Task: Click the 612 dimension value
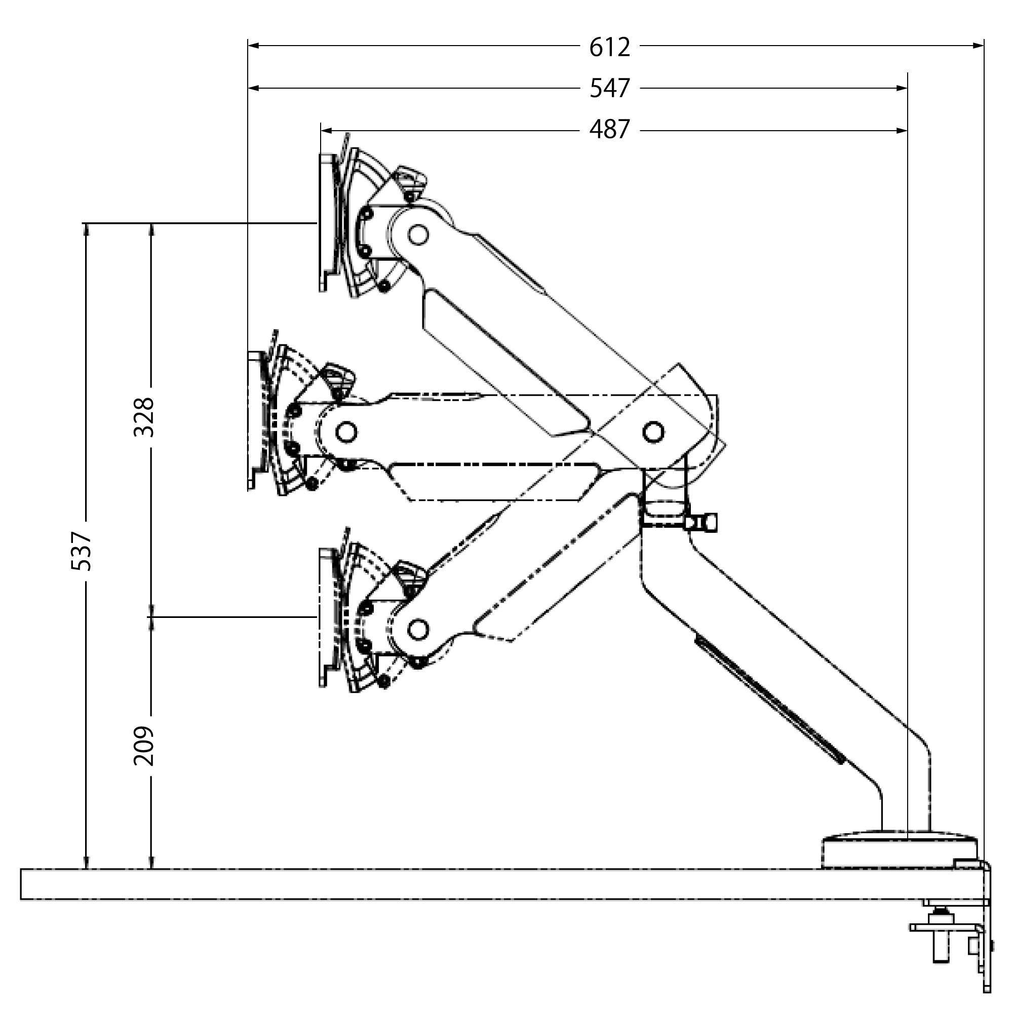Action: [x=609, y=47]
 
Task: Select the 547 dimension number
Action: [x=609, y=88]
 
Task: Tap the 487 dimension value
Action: [x=609, y=130]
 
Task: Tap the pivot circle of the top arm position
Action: [x=418, y=233]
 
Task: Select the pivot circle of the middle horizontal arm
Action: [x=345, y=432]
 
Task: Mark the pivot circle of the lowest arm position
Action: [x=418, y=629]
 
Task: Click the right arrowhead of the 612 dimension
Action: [x=979, y=46]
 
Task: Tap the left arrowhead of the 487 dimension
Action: [x=327, y=130]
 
